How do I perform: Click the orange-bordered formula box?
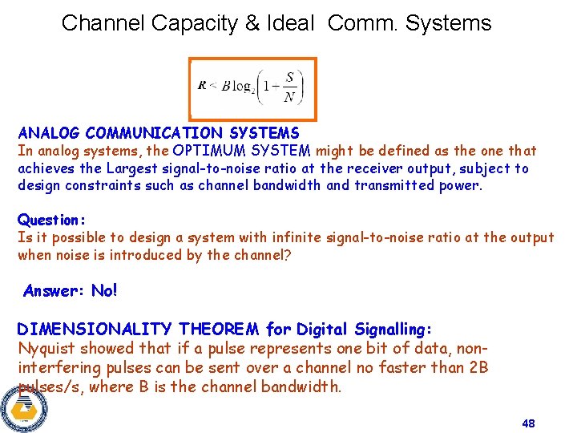click(252, 89)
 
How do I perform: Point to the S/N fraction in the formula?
click(289, 88)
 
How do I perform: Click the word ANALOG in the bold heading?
click(49, 133)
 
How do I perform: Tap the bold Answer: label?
click(54, 291)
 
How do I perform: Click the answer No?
click(104, 291)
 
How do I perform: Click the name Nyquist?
click(45, 349)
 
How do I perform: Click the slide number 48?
click(527, 423)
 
